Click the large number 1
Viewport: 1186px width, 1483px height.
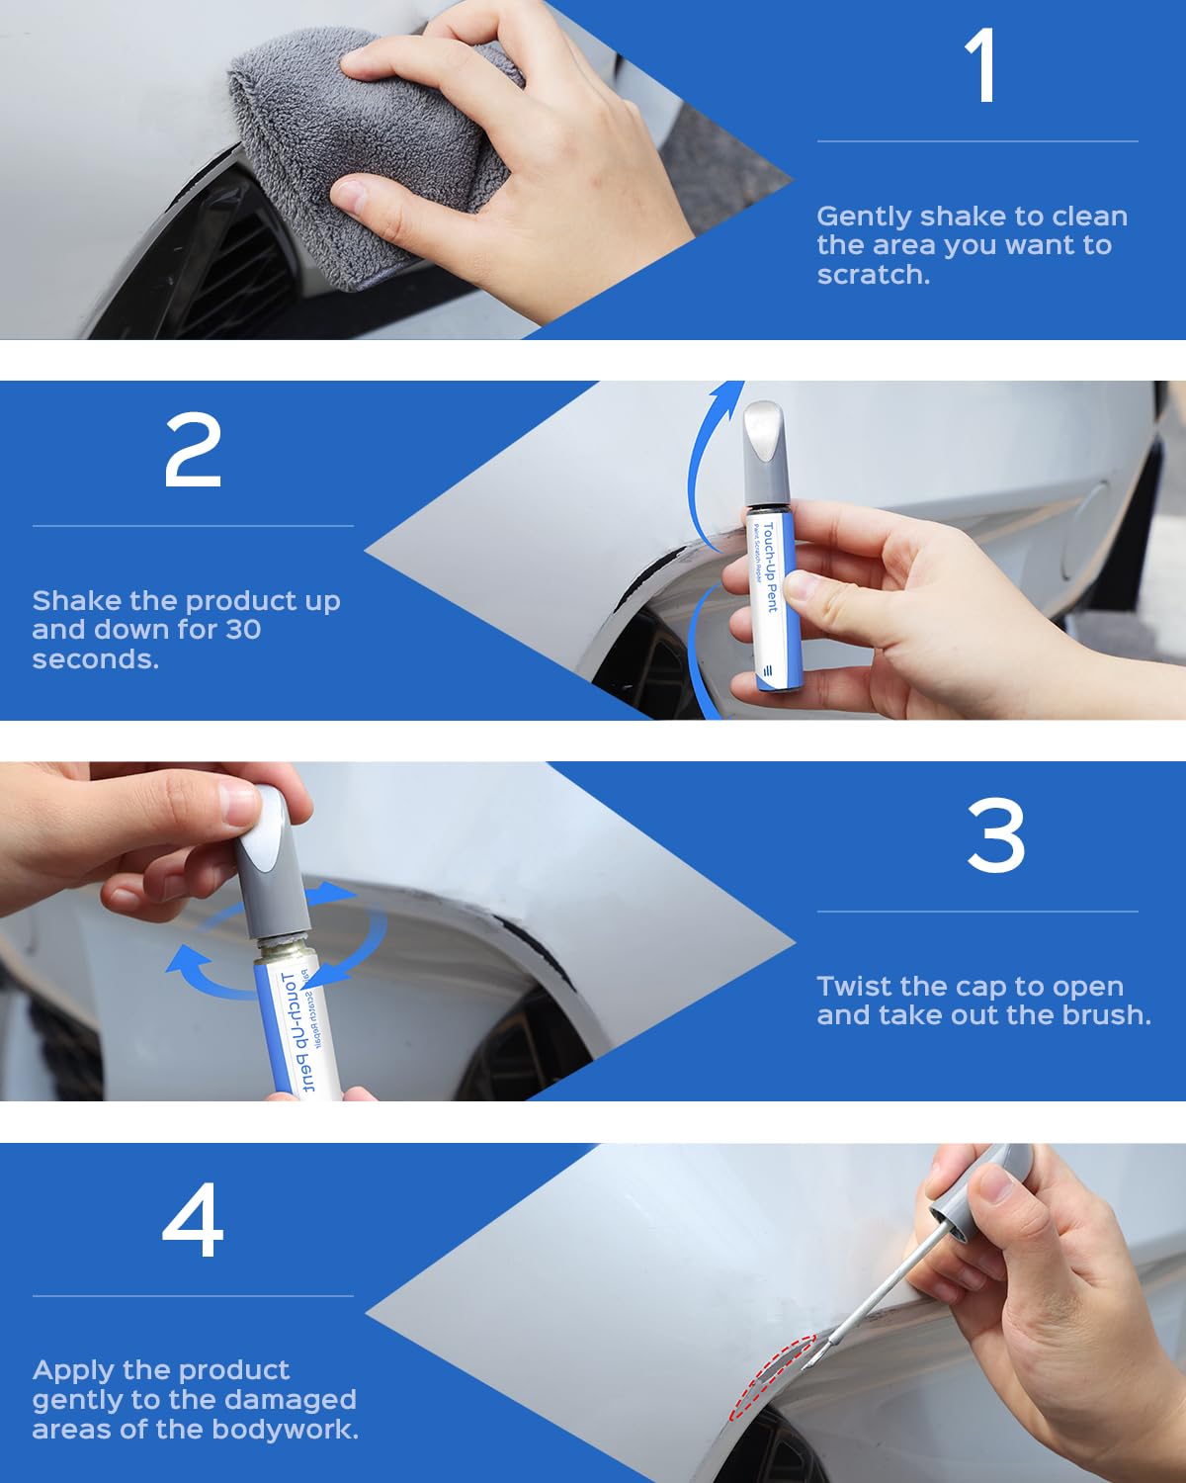click(x=981, y=66)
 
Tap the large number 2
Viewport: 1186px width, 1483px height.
click(x=193, y=450)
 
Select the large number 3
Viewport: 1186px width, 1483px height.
click(x=995, y=835)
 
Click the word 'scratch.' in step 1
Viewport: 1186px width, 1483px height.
click(x=874, y=275)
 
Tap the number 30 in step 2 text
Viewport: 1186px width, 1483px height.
click(x=243, y=630)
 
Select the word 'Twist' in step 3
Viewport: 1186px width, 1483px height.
click(x=856, y=987)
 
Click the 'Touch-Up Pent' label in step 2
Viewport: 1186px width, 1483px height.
click(x=771, y=568)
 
